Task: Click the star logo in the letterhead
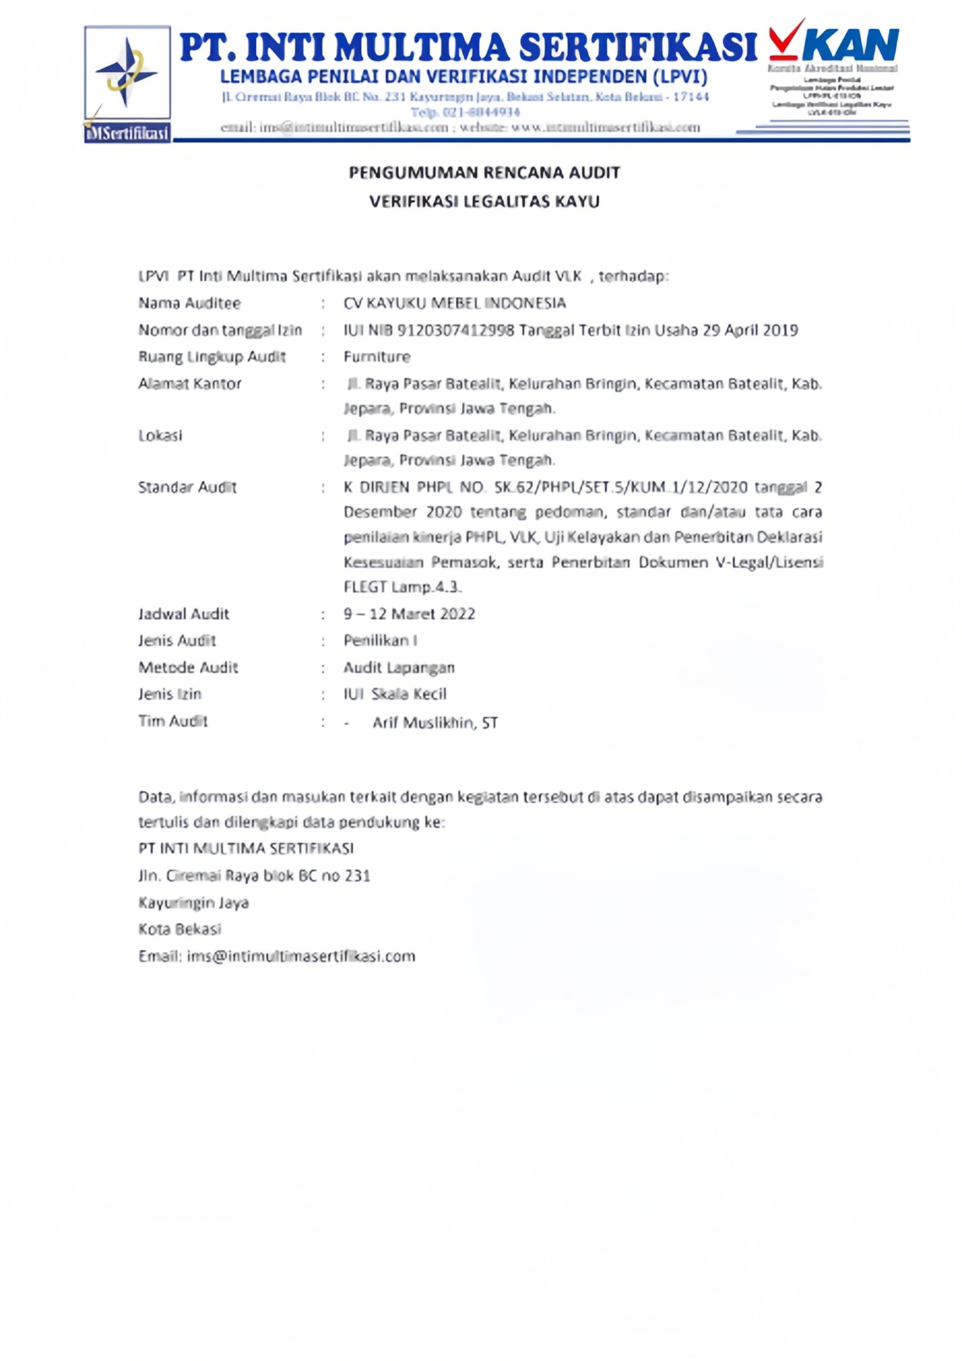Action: pos(126,73)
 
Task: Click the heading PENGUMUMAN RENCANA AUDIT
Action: pos(484,173)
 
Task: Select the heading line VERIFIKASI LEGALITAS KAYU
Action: pos(484,202)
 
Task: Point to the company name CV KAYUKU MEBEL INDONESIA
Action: pos(454,303)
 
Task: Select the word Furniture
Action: pos(376,357)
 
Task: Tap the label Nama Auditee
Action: pos(189,303)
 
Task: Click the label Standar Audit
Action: pos(187,487)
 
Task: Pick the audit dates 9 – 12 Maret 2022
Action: pos(409,614)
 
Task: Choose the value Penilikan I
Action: pos(380,641)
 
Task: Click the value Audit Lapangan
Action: pos(399,668)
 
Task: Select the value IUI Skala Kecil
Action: pos(395,694)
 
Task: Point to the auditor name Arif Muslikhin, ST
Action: pos(435,722)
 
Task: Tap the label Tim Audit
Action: pos(173,721)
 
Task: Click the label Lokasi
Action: pos(160,436)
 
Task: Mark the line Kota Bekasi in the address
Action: pos(180,929)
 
